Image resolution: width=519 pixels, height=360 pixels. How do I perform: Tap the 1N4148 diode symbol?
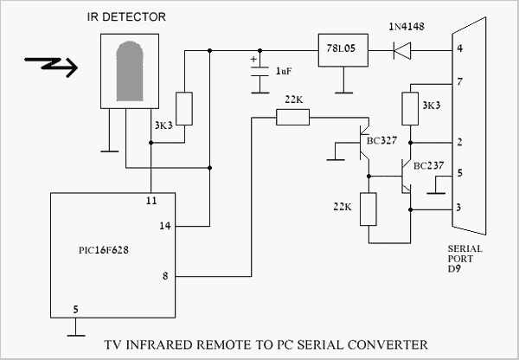click(x=400, y=51)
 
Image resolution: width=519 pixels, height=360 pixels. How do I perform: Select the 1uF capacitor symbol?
click(x=258, y=74)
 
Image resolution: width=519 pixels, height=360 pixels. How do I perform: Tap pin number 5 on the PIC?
click(x=76, y=308)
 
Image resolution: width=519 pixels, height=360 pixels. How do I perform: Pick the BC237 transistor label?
click(x=430, y=165)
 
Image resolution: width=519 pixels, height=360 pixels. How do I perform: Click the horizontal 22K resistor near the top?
click(x=292, y=117)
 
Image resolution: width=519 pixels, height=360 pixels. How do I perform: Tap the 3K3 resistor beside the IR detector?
click(x=183, y=108)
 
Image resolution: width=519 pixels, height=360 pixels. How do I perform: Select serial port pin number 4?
click(x=460, y=48)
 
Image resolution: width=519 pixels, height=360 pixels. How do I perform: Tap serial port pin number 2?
click(x=460, y=140)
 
